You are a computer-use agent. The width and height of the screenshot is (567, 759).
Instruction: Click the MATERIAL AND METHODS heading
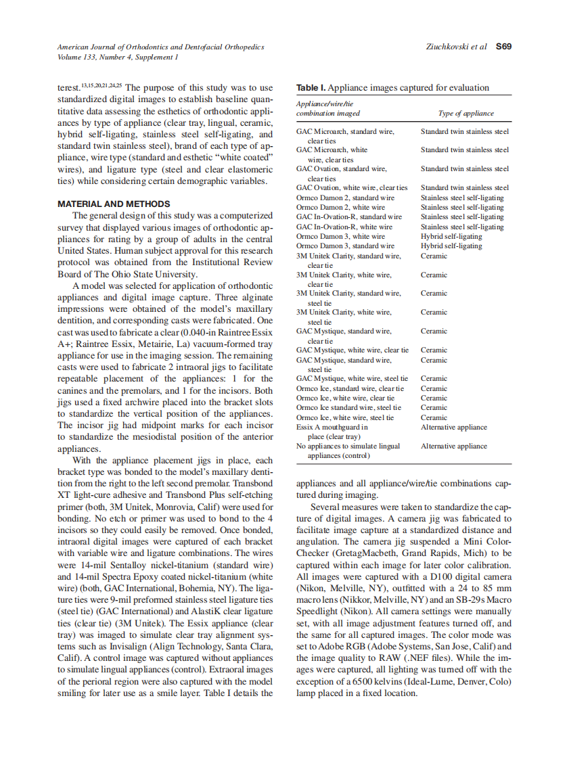pyautogui.click(x=114, y=204)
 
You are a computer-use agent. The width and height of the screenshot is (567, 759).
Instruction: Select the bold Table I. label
pyautogui.click(x=311, y=88)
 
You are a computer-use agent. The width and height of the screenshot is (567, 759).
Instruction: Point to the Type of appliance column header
pyautogui.click(x=466, y=113)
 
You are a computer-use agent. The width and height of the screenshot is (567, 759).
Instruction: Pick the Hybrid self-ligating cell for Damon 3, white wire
pyautogui.click(x=451, y=236)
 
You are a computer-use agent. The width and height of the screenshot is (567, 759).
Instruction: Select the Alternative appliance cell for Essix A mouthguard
pyautogui.click(x=453, y=427)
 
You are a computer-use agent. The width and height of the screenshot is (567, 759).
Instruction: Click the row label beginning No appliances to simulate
pyautogui.click(x=348, y=446)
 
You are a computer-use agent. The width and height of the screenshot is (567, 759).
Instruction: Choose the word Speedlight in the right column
pyautogui.click(x=317, y=610)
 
